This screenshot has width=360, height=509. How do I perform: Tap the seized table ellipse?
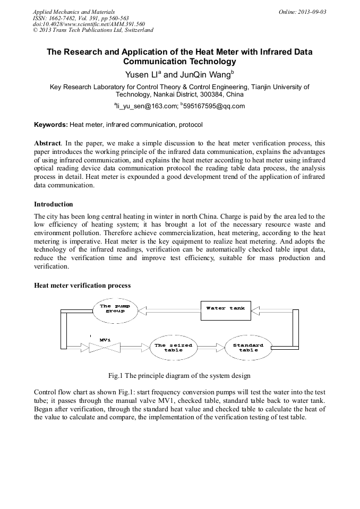pyautogui.click(x=173, y=347)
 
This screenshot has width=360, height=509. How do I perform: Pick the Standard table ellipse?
pyautogui.click(x=248, y=347)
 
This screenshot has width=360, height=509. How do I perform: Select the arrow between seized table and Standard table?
pyautogui.click(x=211, y=348)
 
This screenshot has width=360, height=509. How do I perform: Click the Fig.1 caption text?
pyautogui.click(x=179, y=376)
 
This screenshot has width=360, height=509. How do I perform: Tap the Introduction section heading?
pyautogui.click(x=54, y=204)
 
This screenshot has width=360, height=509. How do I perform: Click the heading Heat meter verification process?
pyautogui.click(x=82, y=285)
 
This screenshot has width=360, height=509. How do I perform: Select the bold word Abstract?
pyautogui.click(x=47, y=144)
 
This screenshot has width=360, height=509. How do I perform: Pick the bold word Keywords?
pyautogui.click(x=50, y=125)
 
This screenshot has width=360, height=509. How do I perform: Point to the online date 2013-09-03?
pyautogui.click(x=313, y=12)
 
